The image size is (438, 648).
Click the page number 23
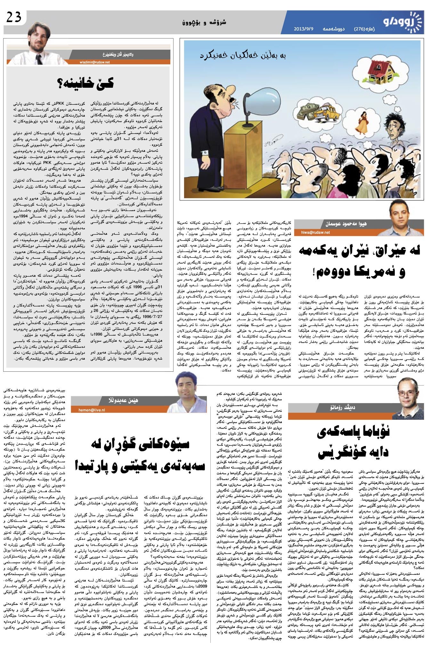[x=13, y=17]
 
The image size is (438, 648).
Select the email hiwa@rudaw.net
[x=315, y=232]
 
